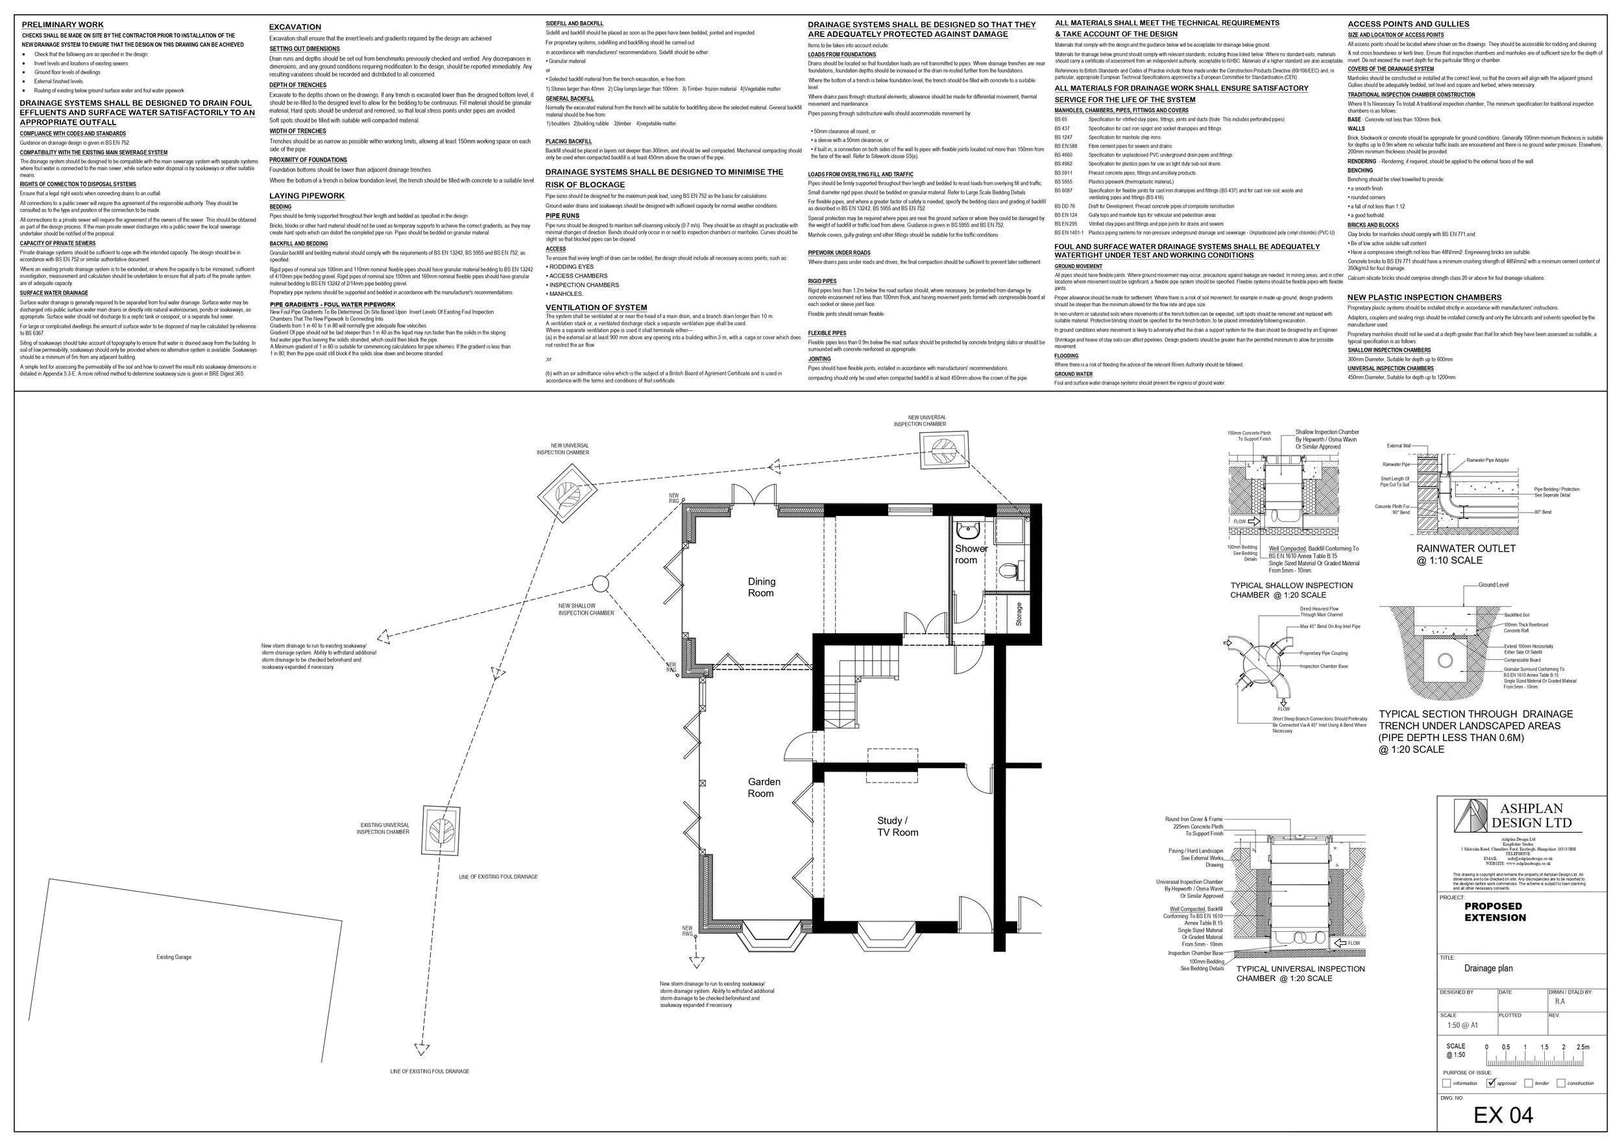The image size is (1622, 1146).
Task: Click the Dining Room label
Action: pos(761,587)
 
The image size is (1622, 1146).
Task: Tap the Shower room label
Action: pos(971,554)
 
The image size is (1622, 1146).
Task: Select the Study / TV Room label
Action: pos(897,826)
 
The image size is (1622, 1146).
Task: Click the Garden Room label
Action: pos(764,787)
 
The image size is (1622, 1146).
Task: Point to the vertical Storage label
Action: pos(1019,613)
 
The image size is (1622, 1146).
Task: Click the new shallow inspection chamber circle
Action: pos(599,583)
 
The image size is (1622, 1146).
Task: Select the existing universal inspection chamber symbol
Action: pos(442,830)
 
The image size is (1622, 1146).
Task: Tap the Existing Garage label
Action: pos(174,957)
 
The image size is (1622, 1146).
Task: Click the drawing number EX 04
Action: pos(1503,1115)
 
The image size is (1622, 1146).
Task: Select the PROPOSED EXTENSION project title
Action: pos(1495,912)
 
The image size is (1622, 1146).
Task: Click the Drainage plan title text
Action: pos(1488,968)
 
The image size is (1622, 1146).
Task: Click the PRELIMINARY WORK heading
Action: pos(62,25)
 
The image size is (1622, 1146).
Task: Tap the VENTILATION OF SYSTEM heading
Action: pos(596,308)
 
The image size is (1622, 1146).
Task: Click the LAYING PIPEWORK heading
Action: pos(307,196)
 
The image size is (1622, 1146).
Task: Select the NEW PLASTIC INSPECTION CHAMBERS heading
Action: pos(1424,297)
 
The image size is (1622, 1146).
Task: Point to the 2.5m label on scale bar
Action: pos(1583,1047)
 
